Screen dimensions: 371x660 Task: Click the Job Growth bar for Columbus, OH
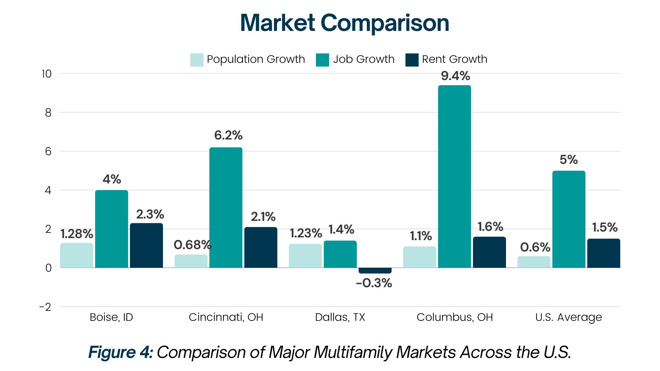(x=454, y=177)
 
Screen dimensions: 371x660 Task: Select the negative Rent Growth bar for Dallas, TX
(x=375, y=271)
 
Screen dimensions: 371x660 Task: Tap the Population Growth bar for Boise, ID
(x=77, y=255)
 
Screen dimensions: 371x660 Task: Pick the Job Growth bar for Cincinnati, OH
(x=225, y=207)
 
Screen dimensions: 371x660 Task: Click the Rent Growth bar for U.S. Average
(x=603, y=253)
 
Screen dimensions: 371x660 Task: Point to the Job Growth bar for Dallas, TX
(x=340, y=254)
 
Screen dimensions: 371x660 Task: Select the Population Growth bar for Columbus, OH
(x=419, y=257)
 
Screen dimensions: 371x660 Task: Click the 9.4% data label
(x=455, y=76)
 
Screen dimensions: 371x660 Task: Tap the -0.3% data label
(x=374, y=283)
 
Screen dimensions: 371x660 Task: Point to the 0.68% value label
(x=192, y=245)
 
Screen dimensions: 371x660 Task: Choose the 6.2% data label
(x=228, y=135)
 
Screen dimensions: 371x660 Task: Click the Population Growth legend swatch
(x=197, y=60)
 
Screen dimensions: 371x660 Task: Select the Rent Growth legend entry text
(x=454, y=59)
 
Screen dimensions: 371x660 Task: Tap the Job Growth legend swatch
(x=322, y=60)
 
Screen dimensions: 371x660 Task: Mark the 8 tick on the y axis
(x=48, y=113)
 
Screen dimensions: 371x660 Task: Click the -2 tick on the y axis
(x=45, y=307)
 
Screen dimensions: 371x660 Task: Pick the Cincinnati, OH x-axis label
(x=226, y=317)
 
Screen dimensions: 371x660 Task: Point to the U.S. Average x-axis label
(x=569, y=317)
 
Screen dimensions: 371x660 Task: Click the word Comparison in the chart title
(x=385, y=23)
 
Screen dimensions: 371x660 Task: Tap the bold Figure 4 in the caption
(x=120, y=352)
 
